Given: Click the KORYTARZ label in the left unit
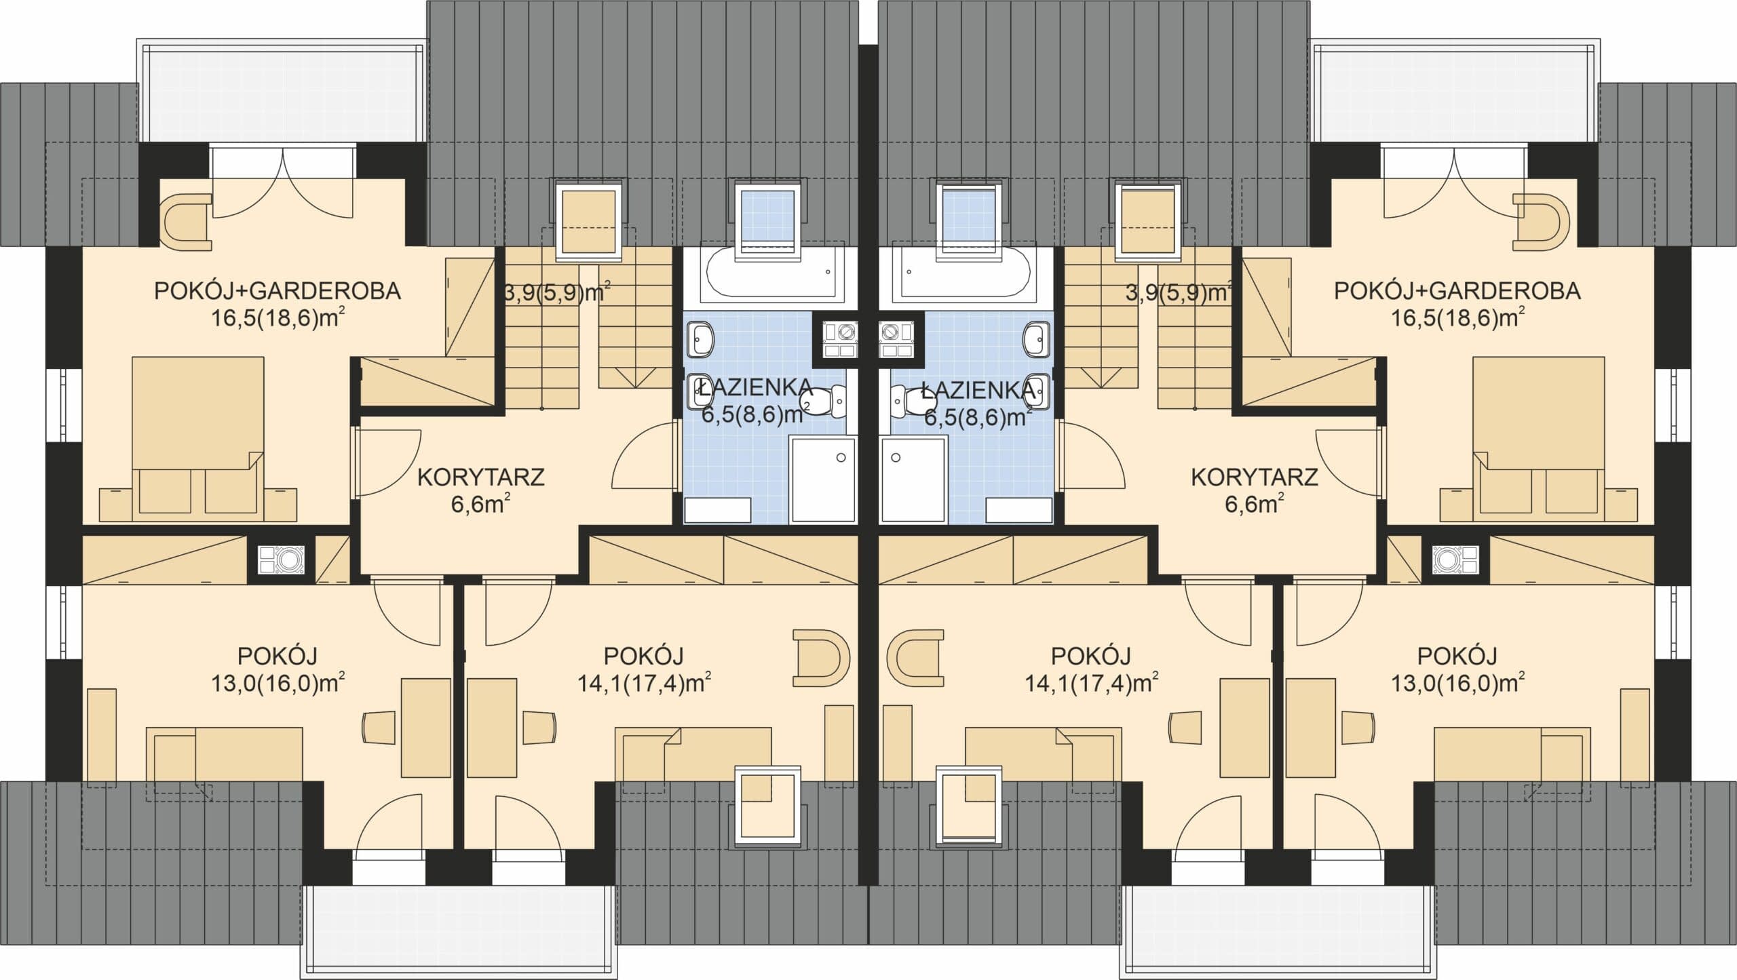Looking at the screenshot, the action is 480,477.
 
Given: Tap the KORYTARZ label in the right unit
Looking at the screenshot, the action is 1255,477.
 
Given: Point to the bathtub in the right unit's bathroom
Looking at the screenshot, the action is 963,274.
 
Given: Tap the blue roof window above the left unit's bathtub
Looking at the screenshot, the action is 767,220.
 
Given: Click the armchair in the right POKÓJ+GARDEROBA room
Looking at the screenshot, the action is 1542,221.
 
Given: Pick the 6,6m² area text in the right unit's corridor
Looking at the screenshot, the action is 1254,504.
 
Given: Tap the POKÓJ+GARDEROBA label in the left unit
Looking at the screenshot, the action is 278,291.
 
